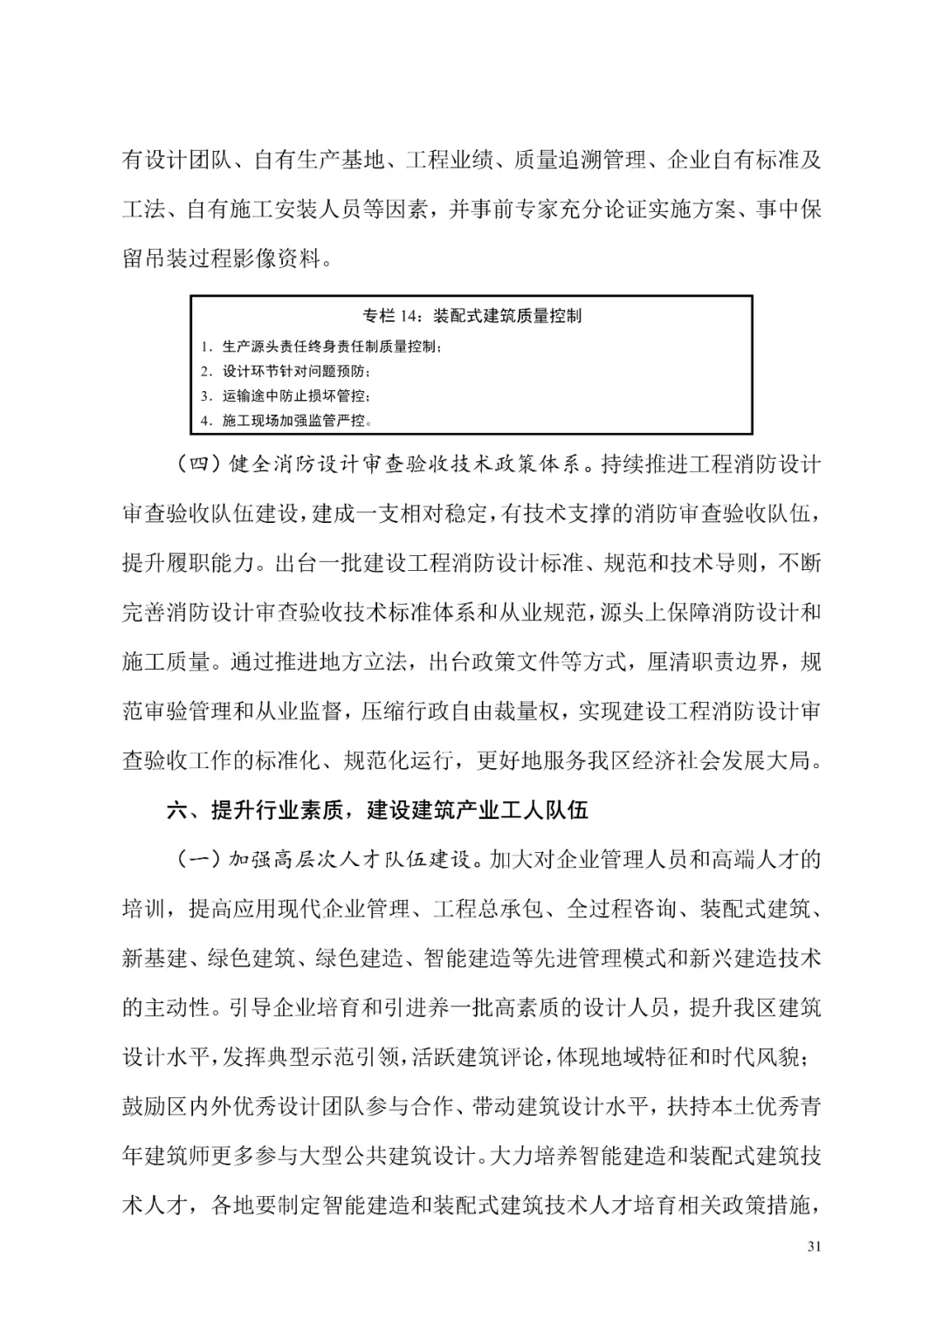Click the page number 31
click(814, 1247)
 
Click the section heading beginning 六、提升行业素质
click(377, 810)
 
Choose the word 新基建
click(155, 959)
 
